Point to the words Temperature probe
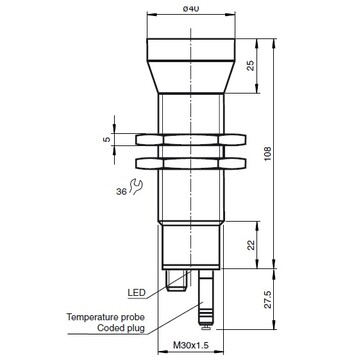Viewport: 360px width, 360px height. click(108, 316)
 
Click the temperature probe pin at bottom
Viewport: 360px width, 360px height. click(205, 305)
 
